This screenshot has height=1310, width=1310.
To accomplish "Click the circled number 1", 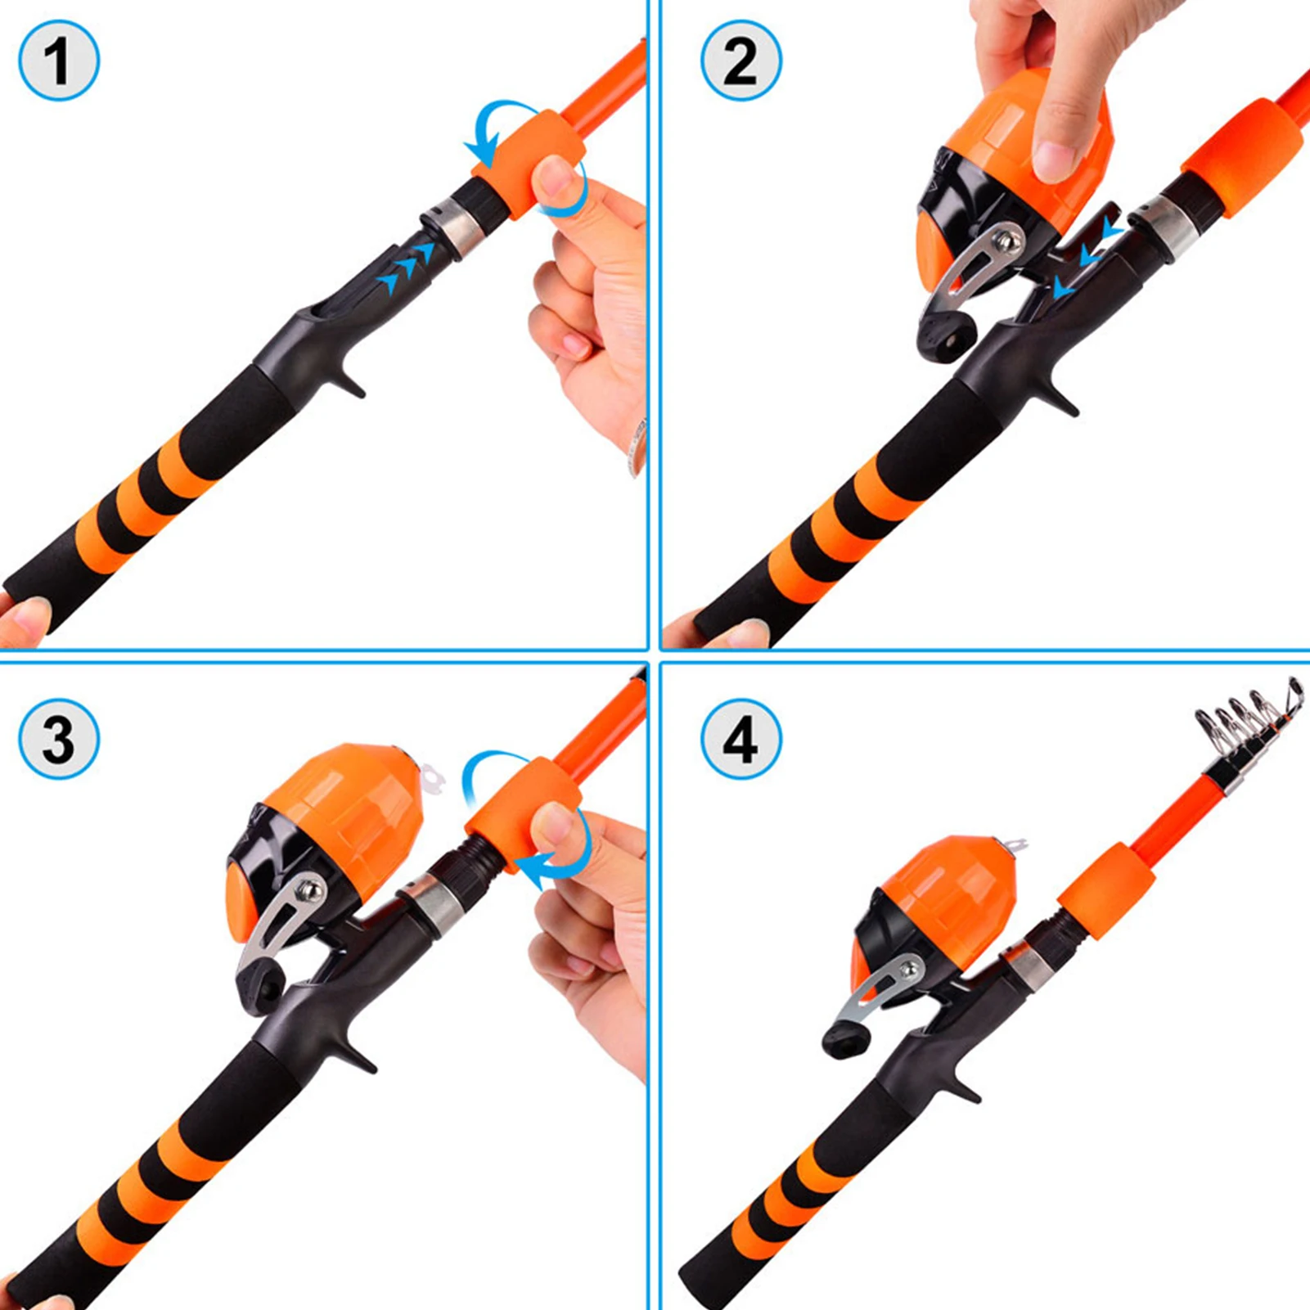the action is click(59, 61).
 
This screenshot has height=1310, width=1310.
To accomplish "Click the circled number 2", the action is click(741, 61).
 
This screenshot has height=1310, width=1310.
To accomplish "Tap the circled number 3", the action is click(59, 739).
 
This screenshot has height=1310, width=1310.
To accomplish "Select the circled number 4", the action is click(741, 739).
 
